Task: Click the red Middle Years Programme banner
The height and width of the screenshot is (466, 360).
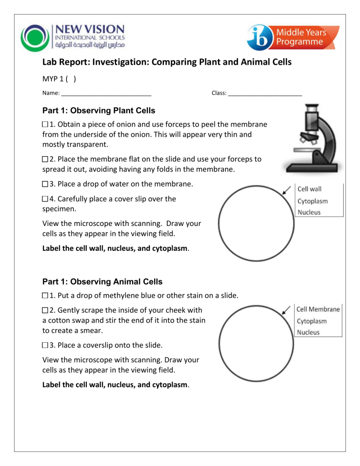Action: [x=315, y=37]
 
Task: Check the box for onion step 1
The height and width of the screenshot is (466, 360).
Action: [x=45, y=125]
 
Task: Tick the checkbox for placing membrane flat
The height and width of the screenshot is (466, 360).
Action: [x=45, y=159]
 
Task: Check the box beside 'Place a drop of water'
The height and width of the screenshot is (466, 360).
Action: [x=45, y=184]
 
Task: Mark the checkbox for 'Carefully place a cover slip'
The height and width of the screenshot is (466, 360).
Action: [x=45, y=199]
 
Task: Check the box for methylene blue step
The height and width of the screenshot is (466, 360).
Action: [x=45, y=296]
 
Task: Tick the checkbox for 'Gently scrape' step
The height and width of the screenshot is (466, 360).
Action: [x=45, y=311]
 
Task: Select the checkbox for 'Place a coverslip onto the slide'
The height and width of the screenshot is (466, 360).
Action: [x=45, y=345]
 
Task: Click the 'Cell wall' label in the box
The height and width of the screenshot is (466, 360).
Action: [x=310, y=189]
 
